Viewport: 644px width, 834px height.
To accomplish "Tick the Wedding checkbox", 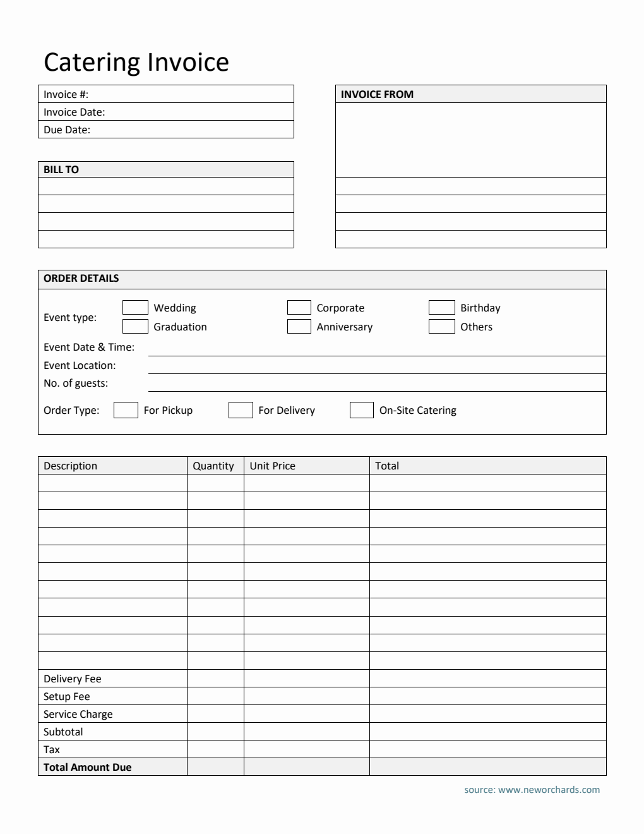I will (x=135, y=308).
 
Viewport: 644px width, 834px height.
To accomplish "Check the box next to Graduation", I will (x=135, y=327).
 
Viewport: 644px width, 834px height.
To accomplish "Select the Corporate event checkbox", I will (x=299, y=308).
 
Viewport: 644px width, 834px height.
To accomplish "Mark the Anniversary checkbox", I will (x=299, y=327).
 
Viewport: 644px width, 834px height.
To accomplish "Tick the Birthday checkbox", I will (x=441, y=308).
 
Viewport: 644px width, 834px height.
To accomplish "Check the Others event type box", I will (x=441, y=327).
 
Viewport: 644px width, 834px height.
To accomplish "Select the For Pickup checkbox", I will (x=126, y=410).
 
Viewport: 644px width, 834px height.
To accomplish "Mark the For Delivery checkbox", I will (x=241, y=410).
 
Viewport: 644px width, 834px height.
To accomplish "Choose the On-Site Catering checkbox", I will (x=362, y=410).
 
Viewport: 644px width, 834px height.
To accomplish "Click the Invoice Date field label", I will (x=74, y=112).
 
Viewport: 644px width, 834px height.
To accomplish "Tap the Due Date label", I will (x=67, y=130).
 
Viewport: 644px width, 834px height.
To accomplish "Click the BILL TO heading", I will (x=61, y=169).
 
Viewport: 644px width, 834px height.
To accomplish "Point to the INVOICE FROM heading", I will (x=377, y=94).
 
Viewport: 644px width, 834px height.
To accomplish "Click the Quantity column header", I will (x=213, y=466).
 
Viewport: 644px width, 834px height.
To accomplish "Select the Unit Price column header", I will (x=273, y=466).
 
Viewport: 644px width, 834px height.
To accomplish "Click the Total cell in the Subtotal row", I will (x=487, y=732).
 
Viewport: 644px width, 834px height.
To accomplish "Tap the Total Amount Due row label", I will (x=88, y=767).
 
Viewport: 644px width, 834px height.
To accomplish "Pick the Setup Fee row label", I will (x=67, y=696).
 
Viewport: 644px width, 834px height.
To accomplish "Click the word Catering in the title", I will (x=92, y=63).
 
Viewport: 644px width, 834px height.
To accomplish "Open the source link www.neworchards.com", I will (x=549, y=789).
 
